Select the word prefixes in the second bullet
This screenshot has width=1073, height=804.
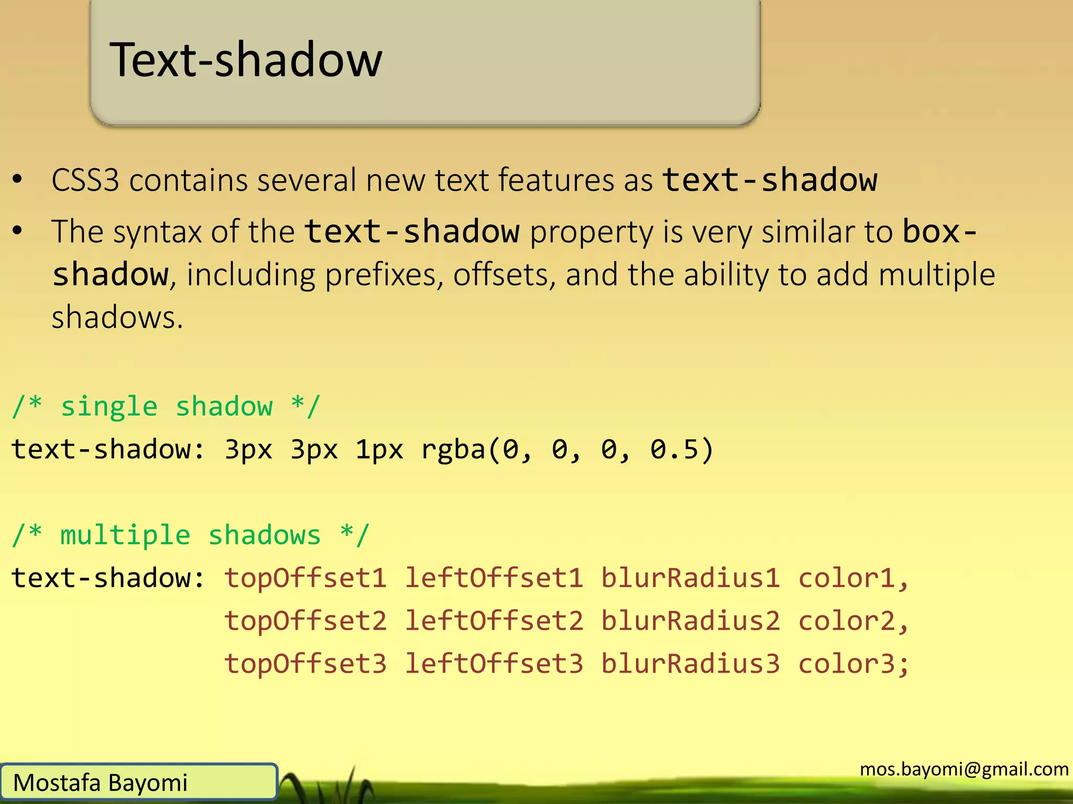380,275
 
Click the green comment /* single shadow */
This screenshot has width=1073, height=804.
166,407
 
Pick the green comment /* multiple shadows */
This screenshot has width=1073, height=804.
191,535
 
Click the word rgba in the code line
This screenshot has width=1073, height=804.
453,450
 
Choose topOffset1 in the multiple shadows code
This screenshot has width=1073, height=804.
305,578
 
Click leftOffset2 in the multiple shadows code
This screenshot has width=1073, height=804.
494,621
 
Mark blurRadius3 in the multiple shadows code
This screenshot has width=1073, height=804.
691,664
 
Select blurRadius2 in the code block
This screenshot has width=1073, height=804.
691,621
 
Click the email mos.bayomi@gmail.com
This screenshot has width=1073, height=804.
964,769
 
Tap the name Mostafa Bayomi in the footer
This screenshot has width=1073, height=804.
100,783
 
